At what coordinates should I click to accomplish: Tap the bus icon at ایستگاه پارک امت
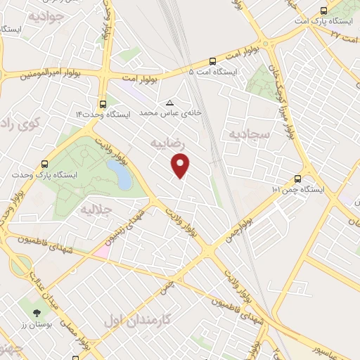(x=323, y=11)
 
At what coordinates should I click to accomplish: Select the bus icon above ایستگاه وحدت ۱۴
(x=103, y=103)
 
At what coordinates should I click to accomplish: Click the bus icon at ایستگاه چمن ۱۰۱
(x=298, y=179)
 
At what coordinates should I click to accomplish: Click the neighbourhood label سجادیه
(x=245, y=133)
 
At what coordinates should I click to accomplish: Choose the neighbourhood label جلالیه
(x=96, y=210)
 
